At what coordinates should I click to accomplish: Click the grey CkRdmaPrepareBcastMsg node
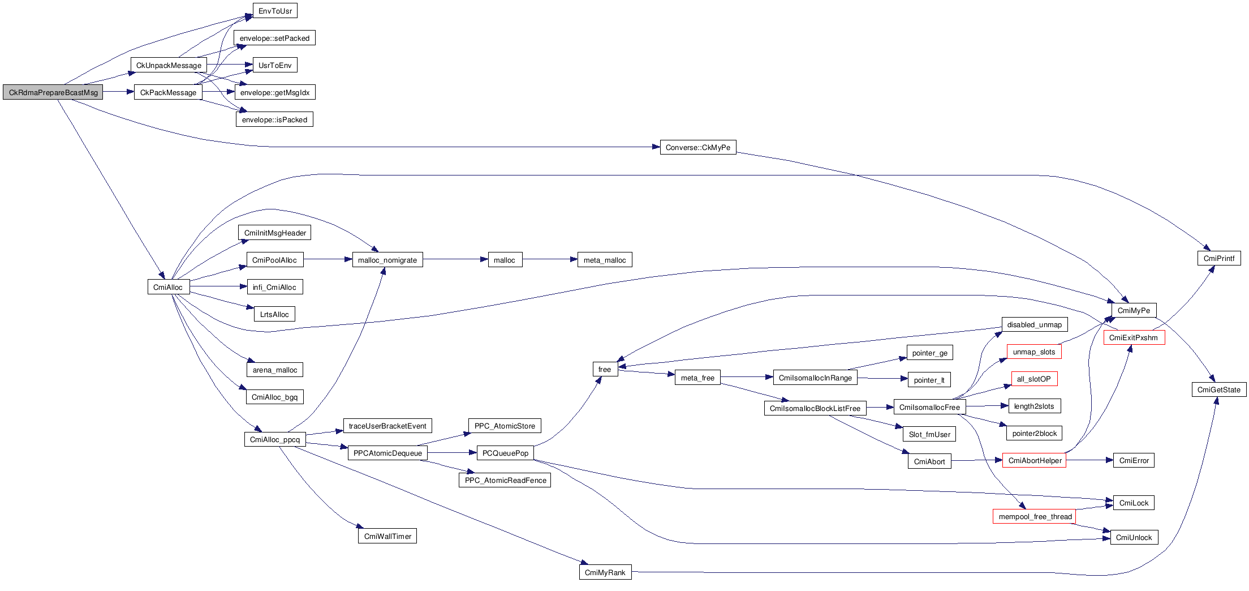point(53,92)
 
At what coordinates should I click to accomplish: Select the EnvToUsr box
point(275,11)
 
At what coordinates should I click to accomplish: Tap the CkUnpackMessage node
point(169,65)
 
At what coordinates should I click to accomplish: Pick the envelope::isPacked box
point(274,119)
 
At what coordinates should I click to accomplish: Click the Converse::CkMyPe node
point(697,147)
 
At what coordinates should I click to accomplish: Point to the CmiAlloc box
point(168,287)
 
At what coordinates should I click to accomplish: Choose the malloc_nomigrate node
point(387,260)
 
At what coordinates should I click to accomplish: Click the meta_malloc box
point(605,260)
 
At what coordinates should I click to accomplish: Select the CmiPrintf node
point(1219,258)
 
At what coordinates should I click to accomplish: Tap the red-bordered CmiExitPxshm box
point(1134,337)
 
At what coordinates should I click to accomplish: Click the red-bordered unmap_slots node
point(1034,352)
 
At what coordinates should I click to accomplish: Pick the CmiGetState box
point(1219,389)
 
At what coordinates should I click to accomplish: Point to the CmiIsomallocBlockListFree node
point(815,408)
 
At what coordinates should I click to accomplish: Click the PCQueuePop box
point(505,453)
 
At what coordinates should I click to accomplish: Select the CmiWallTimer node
point(387,536)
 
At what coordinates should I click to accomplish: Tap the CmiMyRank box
point(605,572)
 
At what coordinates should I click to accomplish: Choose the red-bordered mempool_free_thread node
point(1035,516)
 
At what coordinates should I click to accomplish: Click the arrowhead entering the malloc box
point(484,260)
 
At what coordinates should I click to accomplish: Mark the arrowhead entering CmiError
point(1109,460)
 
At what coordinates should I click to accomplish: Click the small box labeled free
point(605,369)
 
